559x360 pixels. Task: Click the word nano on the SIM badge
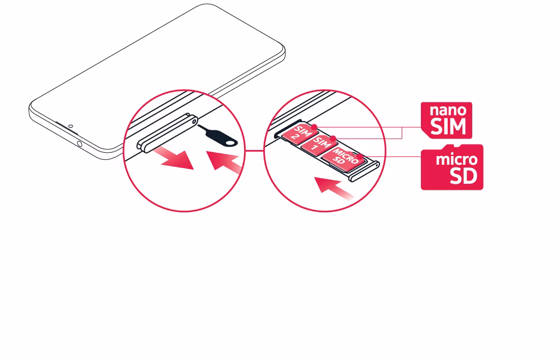pyautogui.click(x=448, y=110)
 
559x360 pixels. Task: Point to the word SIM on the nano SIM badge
pyautogui.click(x=448, y=127)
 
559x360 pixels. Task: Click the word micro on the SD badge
pyautogui.click(x=457, y=159)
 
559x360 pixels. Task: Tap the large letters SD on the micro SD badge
pyautogui.click(x=463, y=176)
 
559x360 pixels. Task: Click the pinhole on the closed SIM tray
pyautogui.click(x=194, y=121)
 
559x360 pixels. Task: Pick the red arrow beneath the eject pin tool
pyautogui.click(x=224, y=161)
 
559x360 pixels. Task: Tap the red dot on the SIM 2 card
pyautogui.click(x=314, y=127)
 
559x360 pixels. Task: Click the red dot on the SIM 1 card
pyautogui.click(x=333, y=138)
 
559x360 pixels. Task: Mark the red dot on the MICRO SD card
pyautogui.click(x=360, y=156)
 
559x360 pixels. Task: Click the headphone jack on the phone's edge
pyautogui.click(x=79, y=144)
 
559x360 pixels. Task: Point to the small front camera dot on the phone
pyautogui.click(x=70, y=126)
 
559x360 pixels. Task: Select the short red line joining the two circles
pyautogui.click(x=254, y=151)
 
